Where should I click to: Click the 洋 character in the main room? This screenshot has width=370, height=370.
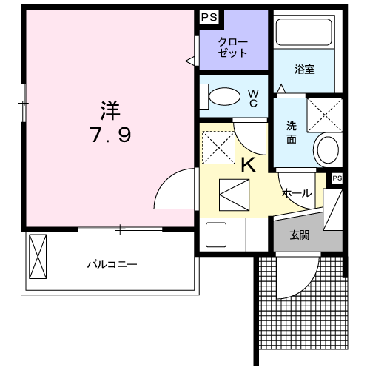[110, 110]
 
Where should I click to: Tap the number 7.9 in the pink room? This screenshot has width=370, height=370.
[110, 135]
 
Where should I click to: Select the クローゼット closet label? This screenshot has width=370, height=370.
[233, 47]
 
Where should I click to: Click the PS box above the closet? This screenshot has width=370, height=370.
[209, 17]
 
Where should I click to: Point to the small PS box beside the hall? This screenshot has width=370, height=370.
[337, 178]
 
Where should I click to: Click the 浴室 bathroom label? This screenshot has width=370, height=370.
[305, 70]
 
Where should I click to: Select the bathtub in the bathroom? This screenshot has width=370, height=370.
[303, 32]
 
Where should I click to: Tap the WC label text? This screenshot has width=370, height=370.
[253, 98]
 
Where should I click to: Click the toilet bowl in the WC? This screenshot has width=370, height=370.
[224, 96]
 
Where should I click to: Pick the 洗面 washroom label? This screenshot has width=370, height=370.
[292, 132]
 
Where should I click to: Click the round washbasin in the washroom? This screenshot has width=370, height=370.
[328, 150]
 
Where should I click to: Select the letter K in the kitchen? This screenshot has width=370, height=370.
[249, 165]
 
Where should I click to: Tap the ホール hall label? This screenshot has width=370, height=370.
[297, 193]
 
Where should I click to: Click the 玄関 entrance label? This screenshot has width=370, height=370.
[300, 235]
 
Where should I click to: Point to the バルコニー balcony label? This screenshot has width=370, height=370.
[112, 265]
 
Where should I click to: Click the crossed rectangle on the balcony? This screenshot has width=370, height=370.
[38, 257]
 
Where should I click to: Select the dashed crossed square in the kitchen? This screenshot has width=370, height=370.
[219, 148]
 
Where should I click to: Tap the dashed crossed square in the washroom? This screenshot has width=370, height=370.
[325, 115]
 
